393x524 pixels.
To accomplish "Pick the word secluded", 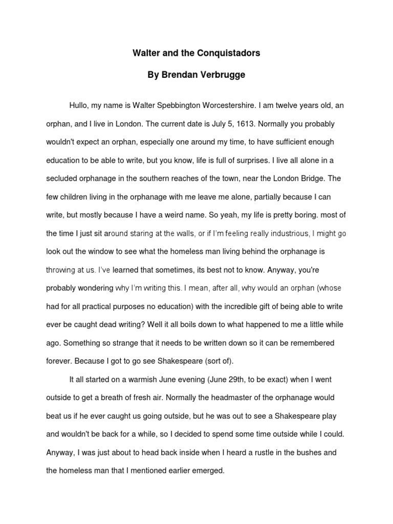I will (x=63, y=179).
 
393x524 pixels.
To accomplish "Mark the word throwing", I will (x=61, y=270).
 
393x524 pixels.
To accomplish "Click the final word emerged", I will (x=209, y=470).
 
